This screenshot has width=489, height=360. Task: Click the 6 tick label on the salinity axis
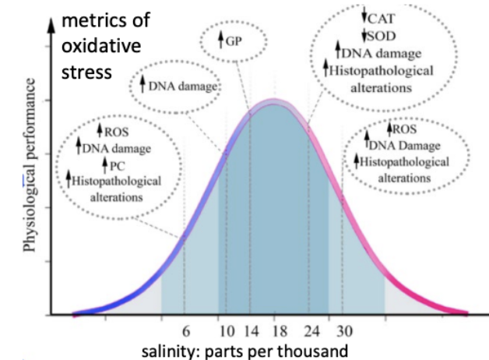tap(185, 330)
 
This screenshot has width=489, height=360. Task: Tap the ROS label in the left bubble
tap(116, 130)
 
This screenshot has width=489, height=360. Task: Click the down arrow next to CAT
tap(364, 16)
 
